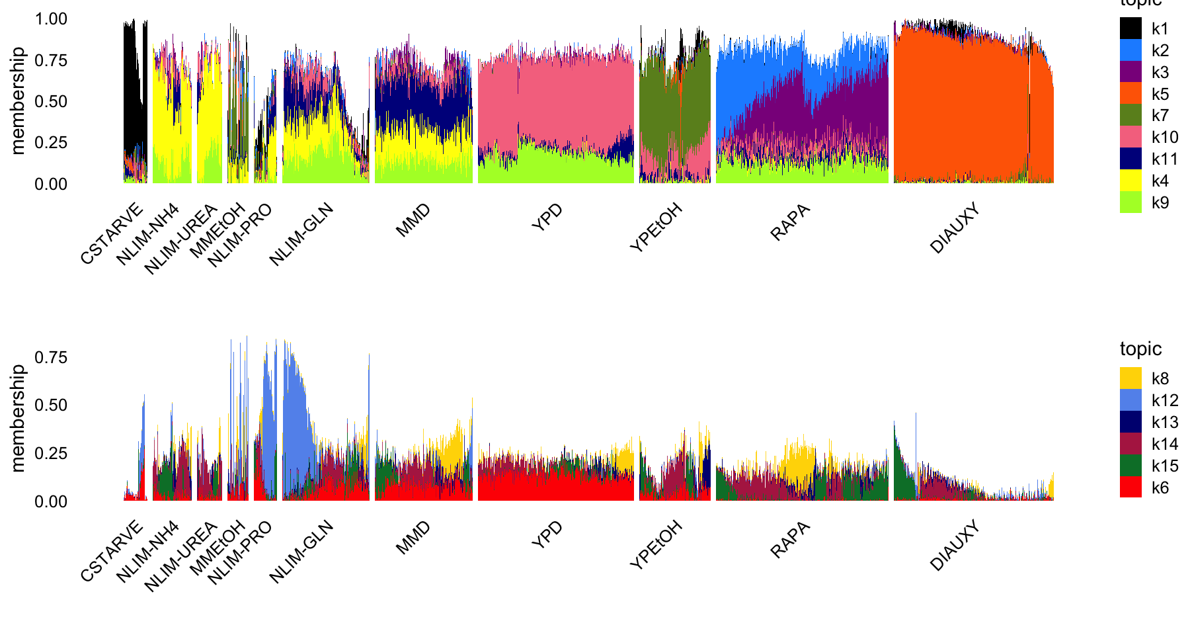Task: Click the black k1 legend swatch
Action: click(x=1130, y=28)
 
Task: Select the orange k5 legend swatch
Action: click(x=1130, y=93)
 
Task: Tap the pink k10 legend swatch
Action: click(x=1130, y=137)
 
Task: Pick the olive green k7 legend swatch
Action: click(x=1130, y=115)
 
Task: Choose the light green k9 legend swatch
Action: click(x=1130, y=202)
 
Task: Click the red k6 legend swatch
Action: click(x=1130, y=487)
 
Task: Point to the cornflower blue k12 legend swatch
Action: click(x=1130, y=400)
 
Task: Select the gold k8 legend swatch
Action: click(x=1130, y=378)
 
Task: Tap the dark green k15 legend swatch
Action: click(x=1130, y=466)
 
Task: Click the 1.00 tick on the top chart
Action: click(x=51, y=19)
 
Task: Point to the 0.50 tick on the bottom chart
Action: click(x=51, y=405)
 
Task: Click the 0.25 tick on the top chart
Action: click(x=51, y=143)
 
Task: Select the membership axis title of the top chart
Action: click(x=18, y=101)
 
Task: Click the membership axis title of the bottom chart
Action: click(x=18, y=418)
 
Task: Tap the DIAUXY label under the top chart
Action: click(x=955, y=229)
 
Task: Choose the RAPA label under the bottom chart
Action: click(x=791, y=540)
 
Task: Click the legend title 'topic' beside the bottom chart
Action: click(x=1140, y=349)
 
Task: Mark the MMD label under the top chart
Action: click(x=413, y=220)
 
